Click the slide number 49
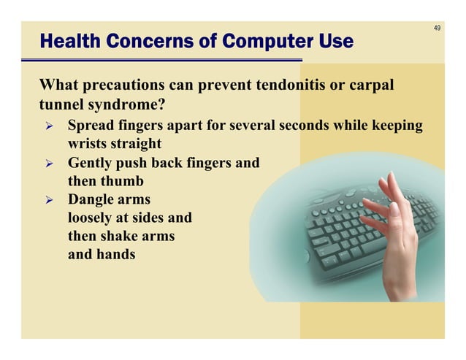tap(437, 28)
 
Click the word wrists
tap(88, 144)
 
